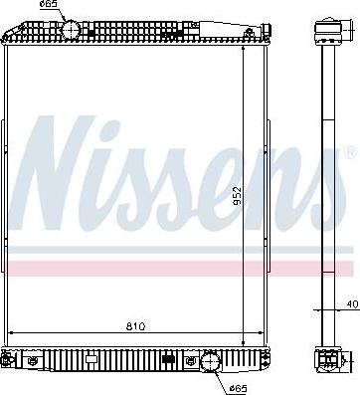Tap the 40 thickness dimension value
[351, 305]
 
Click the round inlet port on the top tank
[71, 30]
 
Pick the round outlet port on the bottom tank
[211, 361]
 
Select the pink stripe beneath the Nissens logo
[179, 267]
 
